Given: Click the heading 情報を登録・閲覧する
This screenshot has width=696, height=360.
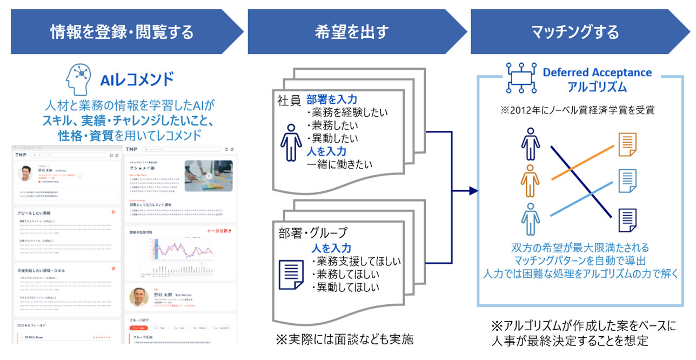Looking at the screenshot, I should click(x=122, y=32).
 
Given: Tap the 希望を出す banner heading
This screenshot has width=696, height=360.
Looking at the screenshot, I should click(x=352, y=32).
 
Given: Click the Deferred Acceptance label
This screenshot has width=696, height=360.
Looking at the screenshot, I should click(x=597, y=72).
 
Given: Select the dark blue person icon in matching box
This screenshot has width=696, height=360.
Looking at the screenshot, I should click(x=530, y=144).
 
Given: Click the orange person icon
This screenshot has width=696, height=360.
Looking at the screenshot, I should click(x=530, y=181).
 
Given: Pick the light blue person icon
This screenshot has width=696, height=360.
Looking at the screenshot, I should click(x=530, y=219).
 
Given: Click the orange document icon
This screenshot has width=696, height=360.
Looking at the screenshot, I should click(x=627, y=144).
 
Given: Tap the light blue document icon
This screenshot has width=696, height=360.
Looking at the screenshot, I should click(x=627, y=181).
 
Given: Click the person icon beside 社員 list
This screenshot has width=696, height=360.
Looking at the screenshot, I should click(x=291, y=144).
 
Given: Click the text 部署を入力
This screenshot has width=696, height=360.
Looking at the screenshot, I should click(x=332, y=100).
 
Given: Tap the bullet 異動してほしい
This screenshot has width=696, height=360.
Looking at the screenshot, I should click(x=347, y=287).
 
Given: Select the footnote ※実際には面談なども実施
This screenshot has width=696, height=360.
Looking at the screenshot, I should click(x=345, y=339).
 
